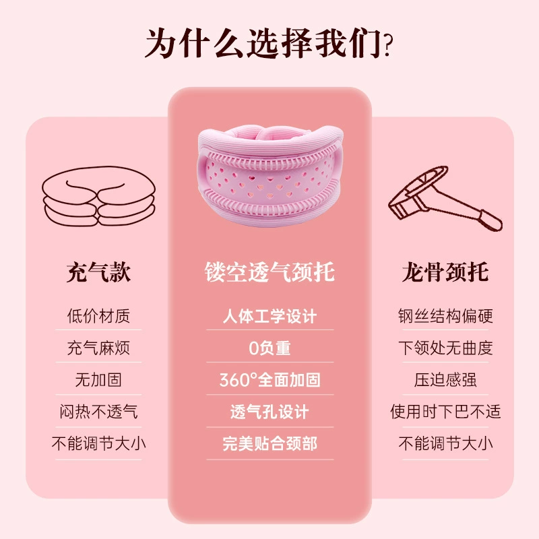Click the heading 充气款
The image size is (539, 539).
click(x=98, y=272)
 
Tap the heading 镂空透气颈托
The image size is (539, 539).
click(x=269, y=272)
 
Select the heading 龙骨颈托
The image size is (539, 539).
click(x=445, y=272)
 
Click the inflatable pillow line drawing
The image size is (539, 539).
click(x=98, y=196)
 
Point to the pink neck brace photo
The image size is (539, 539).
click(x=270, y=175)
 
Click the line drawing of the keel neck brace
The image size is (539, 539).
click(x=445, y=199)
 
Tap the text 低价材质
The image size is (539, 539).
click(x=98, y=316)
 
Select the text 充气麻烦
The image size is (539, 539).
click(x=98, y=348)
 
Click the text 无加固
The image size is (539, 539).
click(x=98, y=380)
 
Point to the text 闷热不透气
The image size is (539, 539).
click(x=98, y=412)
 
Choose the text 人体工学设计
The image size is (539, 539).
click(x=269, y=316)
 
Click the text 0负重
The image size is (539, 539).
click(x=269, y=348)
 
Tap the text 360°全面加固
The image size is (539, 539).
click(x=269, y=380)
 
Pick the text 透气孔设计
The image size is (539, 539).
click(x=269, y=412)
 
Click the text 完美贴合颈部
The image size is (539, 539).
click(x=269, y=443)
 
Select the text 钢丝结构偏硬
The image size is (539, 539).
click(x=445, y=316)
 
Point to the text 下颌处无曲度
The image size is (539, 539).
click(x=445, y=348)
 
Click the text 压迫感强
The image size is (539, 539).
click(x=445, y=380)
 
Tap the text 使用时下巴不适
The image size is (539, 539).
click(x=445, y=412)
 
